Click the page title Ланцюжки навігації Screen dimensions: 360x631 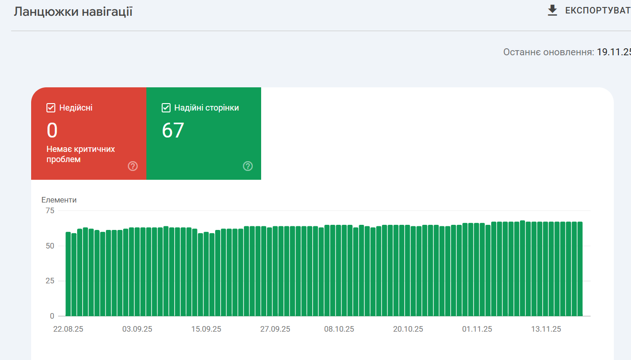[73, 12]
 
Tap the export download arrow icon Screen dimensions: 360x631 [552, 10]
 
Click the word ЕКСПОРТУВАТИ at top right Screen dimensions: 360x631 [597, 10]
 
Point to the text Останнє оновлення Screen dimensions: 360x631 [548, 52]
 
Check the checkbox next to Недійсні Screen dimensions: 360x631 [51, 108]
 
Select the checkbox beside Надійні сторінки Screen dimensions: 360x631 [166, 108]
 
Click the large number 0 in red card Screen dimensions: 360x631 [52, 131]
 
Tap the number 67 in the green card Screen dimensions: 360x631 [173, 131]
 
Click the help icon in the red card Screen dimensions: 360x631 [133, 166]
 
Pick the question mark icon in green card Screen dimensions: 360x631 [248, 166]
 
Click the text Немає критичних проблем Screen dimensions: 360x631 [80, 154]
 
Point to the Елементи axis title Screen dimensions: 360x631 [59, 200]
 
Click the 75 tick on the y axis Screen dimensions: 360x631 [49, 210]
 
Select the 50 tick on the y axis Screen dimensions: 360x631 [49, 246]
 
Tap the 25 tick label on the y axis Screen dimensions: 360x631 [49, 281]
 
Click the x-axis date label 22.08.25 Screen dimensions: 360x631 [68, 329]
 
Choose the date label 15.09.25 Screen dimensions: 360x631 [206, 329]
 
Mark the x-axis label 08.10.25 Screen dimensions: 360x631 [339, 329]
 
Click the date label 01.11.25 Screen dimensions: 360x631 [477, 329]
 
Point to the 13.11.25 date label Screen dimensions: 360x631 [546, 329]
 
